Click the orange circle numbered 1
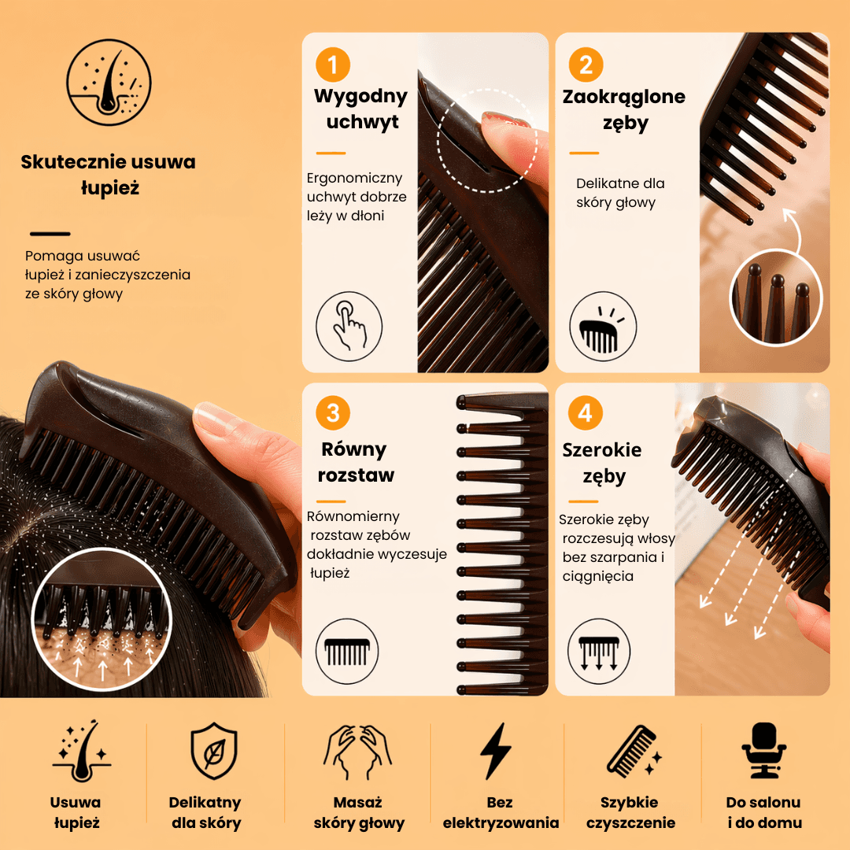point(332,65)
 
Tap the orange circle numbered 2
point(586,65)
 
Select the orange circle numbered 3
point(332,413)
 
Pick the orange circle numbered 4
point(585,413)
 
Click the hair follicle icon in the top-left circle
point(109,82)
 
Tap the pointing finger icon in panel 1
point(349,327)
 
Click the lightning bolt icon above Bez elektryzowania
point(496,751)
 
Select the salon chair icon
point(763,751)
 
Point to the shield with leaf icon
point(214,751)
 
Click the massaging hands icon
point(357,752)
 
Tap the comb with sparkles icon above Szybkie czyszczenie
point(633,752)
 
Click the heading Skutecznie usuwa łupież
point(109,175)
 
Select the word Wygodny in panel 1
point(360,97)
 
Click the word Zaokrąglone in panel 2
point(624,97)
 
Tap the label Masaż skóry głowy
point(359,812)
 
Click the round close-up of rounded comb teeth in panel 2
point(776,297)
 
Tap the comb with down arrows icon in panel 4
point(599,652)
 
